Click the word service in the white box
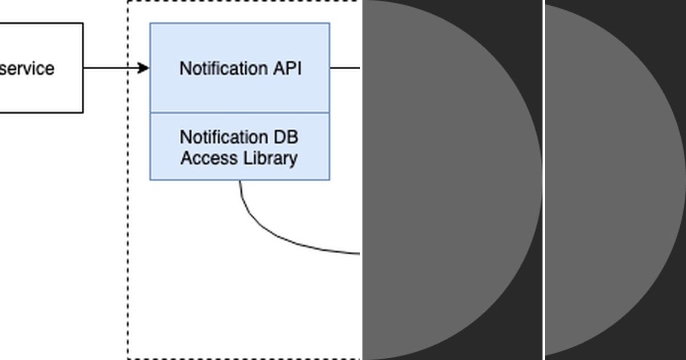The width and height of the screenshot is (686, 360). (x=27, y=69)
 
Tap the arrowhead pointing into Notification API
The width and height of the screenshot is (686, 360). (x=144, y=68)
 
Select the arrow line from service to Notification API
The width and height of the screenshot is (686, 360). (x=111, y=68)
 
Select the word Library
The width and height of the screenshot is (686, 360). (x=269, y=158)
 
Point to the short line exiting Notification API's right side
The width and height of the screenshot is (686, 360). (x=345, y=68)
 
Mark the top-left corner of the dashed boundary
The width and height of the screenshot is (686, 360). (x=128, y=2)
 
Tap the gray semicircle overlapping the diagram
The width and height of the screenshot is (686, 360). (x=446, y=180)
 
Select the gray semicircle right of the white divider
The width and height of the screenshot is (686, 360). (x=612, y=180)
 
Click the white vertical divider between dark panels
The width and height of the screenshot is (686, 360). (x=543, y=180)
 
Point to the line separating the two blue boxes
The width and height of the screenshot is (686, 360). (x=240, y=113)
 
